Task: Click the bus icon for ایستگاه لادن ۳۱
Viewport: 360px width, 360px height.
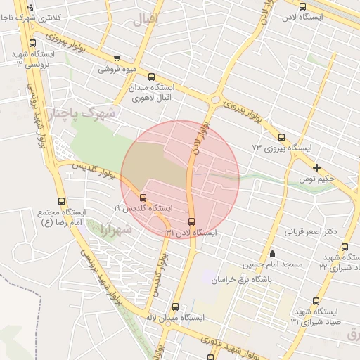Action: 193,222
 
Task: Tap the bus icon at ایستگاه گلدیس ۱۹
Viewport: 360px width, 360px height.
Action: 143,198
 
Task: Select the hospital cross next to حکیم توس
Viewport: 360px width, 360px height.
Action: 317,167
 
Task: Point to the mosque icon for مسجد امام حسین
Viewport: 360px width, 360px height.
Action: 273,254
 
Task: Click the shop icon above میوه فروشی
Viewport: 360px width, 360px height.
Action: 116,58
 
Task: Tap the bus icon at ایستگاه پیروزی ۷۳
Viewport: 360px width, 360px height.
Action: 282,138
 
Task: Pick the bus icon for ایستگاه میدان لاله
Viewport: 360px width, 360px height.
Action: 175,307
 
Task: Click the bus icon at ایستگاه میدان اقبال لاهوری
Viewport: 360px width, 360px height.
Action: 152,77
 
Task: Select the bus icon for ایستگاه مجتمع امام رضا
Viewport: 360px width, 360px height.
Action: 63,200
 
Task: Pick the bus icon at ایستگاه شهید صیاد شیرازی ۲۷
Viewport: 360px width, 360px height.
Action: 345,247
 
